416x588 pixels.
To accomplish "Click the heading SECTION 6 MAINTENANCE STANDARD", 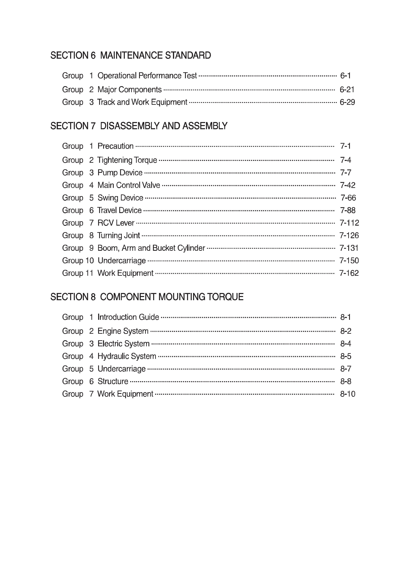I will (x=131, y=55).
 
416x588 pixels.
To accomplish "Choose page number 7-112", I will (x=349, y=223).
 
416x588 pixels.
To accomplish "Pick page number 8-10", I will (x=348, y=394).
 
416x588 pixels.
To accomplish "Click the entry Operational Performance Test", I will (x=147, y=76).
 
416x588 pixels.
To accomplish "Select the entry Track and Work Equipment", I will (x=142, y=102).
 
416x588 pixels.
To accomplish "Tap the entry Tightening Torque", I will (x=127, y=160).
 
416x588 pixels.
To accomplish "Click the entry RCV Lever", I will (x=116, y=223).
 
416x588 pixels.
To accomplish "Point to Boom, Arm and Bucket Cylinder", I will (x=151, y=248).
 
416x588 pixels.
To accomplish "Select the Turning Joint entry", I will (x=119, y=235).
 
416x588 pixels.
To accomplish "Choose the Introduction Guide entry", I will (x=128, y=317).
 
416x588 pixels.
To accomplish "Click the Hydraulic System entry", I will (x=127, y=356).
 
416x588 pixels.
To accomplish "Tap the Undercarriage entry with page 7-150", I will (x=122, y=260).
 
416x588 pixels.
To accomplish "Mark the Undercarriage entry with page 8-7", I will (x=121, y=369).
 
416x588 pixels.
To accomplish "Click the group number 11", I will (x=89, y=273).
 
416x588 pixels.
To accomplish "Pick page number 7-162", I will (x=349, y=273).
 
